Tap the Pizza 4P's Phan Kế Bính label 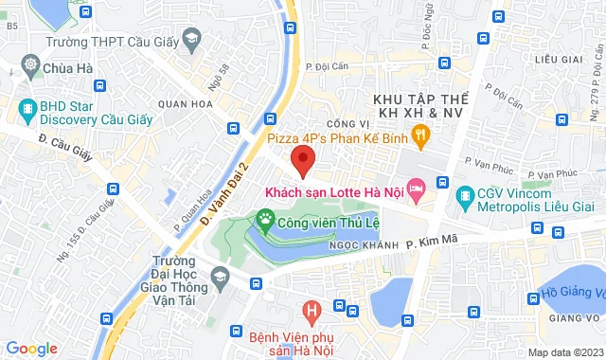338,137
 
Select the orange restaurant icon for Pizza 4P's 422,137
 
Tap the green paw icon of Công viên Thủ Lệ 264,224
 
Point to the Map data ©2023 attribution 563,352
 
